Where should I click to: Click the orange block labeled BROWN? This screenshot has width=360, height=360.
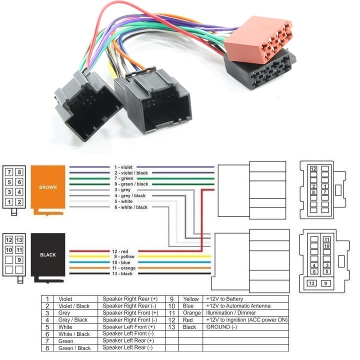click(x=48, y=187)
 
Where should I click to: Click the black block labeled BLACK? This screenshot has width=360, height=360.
click(x=48, y=254)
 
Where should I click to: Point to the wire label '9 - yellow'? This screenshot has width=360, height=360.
click(x=122, y=256)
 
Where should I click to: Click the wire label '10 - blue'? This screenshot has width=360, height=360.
click(x=122, y=262)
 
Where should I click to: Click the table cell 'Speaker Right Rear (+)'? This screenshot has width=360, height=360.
click(x=130, y=299)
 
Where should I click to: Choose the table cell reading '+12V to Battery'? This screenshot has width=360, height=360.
click(x=224, y=299)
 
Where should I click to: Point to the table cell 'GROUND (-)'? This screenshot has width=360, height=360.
click(x=221, y=326)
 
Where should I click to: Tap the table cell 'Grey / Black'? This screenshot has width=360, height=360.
click(x=73, y=319)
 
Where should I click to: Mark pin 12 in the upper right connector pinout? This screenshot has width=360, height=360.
click(x=313, y=169)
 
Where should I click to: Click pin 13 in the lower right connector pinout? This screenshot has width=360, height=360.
click(x=311, y=283)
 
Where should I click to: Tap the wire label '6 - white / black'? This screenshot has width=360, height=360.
click(x=130, y=207)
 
